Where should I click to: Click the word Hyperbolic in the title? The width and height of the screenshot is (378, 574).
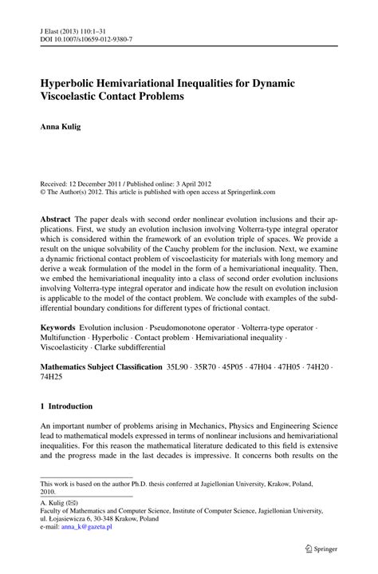tap(74, 82)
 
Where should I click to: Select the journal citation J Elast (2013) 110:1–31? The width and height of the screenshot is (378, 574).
tap(76, 26)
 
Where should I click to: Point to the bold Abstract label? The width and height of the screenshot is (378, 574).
tap(56, 196)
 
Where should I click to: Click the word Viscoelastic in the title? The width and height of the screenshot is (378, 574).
tap(73, 97)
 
